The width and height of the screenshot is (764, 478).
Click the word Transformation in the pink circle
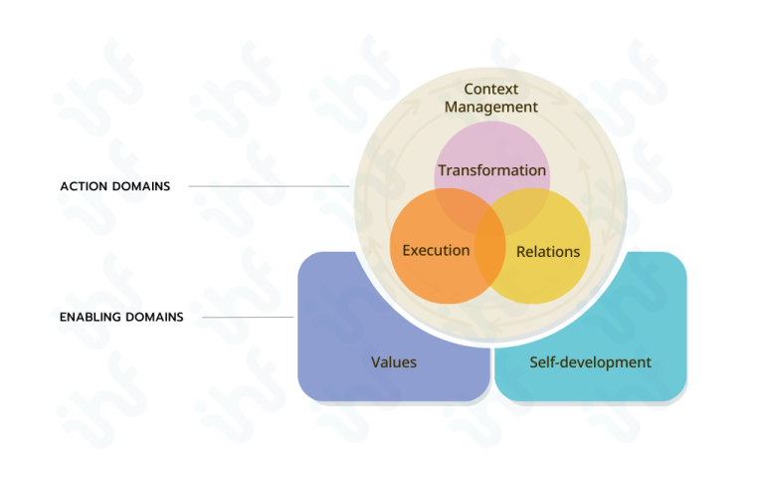(492, 170)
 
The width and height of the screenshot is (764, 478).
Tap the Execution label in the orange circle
(436, 250)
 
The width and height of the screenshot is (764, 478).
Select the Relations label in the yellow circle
(548, 252)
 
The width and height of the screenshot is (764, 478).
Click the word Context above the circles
(491, 89)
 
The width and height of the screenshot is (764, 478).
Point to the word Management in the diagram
(491, 107)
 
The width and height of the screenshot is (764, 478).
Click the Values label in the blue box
(394, 361)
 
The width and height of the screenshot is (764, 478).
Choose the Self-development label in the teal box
(591, 361)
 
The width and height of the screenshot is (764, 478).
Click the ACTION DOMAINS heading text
(114, 186)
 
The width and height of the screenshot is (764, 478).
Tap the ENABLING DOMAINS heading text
(121, 318)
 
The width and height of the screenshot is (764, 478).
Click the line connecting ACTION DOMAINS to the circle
(269, 186)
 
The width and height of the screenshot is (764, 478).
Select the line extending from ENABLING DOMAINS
(255, 318)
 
